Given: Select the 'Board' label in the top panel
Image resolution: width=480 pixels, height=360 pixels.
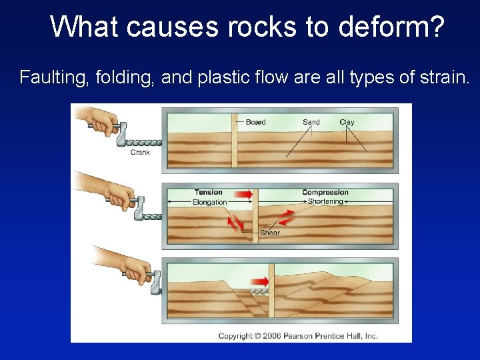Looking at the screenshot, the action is click(255, 122).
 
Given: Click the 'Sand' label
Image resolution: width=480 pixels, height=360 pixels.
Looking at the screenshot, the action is click(311, 122).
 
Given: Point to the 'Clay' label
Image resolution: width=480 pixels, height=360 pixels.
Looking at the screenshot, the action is click(347, 122).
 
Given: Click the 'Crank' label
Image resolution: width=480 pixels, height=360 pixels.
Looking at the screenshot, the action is click(140, 152).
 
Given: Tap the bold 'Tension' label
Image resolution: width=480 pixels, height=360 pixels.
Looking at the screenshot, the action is click(209, 193).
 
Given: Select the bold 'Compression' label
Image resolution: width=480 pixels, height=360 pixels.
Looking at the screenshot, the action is click(325, 193).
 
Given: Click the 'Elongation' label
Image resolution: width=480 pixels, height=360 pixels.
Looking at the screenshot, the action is click(209, 202).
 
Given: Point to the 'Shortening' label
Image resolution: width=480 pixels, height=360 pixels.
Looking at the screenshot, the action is click(325, 201).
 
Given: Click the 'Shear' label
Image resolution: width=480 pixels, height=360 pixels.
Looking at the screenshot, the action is click(270, 233).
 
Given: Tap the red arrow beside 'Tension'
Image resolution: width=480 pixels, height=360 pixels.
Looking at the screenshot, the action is click(243, 194).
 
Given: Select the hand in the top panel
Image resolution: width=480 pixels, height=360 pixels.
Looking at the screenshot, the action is click(107, 123).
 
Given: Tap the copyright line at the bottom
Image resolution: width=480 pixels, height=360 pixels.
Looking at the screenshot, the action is click(298, 336).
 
